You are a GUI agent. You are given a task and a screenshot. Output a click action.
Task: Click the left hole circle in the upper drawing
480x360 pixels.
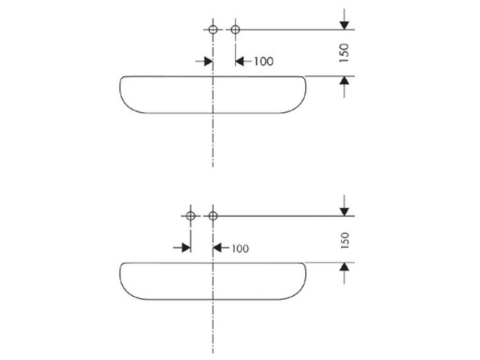coord(213,30)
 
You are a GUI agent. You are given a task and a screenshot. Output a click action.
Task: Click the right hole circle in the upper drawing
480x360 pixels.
coord(235,30)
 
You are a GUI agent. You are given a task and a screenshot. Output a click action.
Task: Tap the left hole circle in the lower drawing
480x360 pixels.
coord(190,216)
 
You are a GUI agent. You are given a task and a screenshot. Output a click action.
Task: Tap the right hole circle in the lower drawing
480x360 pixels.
coord(213,216)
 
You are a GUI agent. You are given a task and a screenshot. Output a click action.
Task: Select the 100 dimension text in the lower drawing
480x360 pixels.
coord(240,248)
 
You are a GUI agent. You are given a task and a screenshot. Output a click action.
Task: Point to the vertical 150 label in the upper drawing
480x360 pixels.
coord(345,53)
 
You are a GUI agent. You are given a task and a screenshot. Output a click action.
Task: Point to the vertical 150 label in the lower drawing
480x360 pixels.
coord(345,240)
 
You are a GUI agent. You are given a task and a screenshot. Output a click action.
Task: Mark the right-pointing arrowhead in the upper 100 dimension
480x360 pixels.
coord(208,61)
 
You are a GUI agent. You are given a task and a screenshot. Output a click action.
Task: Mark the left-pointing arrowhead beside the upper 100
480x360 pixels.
coord(240,61)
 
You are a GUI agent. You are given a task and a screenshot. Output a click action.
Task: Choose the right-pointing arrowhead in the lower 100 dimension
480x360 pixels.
coord(185,247)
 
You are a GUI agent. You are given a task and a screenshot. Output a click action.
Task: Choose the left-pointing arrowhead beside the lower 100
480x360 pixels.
coord(217,247)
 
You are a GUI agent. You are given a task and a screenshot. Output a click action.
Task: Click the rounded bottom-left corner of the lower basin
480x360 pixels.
coord(129,293)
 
